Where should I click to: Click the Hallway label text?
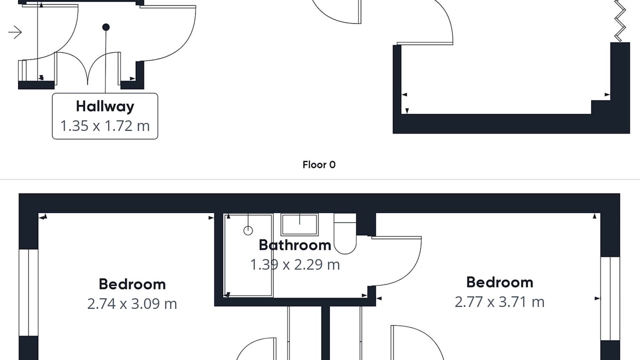(105, 106)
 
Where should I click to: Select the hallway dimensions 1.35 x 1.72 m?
(105, 125)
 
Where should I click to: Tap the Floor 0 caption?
(319, 164)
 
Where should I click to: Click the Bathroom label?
(295, 245)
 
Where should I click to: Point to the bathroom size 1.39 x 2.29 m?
(295, 264)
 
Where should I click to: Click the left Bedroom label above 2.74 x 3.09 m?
(132, 284)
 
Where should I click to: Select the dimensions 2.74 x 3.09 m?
(132, 303)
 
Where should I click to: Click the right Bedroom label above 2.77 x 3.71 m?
(499, 282)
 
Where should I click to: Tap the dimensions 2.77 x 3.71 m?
(499, 302)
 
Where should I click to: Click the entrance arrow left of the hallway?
(15, 32)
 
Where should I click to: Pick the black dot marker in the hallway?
(105, 27)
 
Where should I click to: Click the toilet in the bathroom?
(345, 233)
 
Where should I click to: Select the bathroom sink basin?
(299, 224)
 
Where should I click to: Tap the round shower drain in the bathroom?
(248, 230)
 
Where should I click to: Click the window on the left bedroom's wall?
(28, 292)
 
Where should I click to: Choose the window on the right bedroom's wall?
(610, 298)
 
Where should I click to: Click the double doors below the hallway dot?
(87, 68)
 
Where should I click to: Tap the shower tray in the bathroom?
(248, 255)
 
